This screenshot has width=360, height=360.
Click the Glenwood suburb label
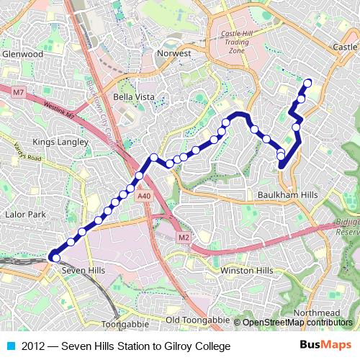pos(22,54)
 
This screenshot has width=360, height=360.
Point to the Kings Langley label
pos(60,142)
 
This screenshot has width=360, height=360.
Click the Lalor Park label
pos(25,215)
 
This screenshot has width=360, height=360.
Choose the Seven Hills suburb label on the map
pos(84,270)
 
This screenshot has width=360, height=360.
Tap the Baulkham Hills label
pos(287,195)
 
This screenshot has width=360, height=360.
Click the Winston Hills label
pos(247,270)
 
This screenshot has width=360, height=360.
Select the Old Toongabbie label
pos(197,320)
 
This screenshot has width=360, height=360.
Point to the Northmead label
pos(317,312)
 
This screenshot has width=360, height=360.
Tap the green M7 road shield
pos(19,93)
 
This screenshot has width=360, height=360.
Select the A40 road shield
pos(144,196)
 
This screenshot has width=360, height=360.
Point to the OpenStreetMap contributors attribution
pos(297,323)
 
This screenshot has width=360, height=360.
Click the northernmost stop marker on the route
pos(308,83)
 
